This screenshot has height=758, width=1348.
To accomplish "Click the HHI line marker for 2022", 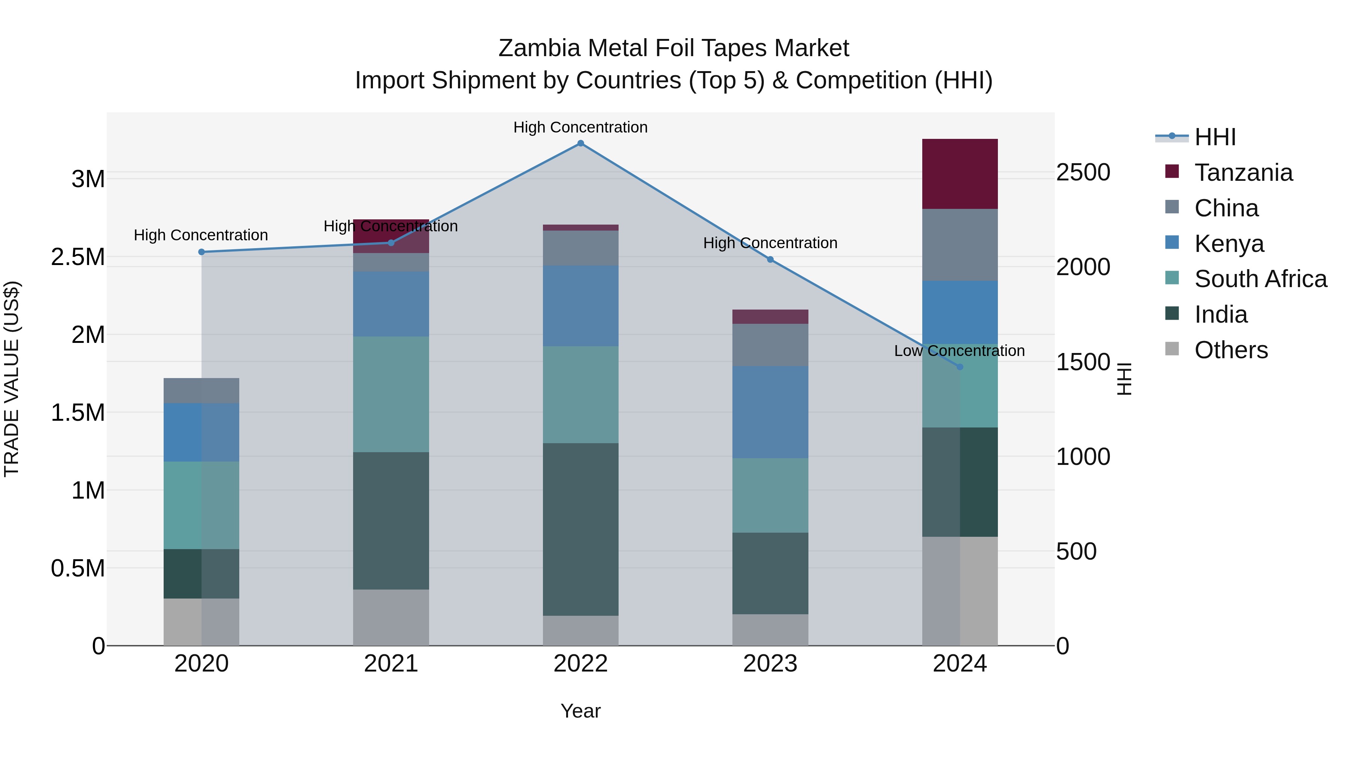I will click(x=580, y=143).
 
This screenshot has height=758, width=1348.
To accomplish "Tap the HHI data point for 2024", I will click(x=960, y=367).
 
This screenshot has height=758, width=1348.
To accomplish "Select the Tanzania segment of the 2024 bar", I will click(x=960, y=174).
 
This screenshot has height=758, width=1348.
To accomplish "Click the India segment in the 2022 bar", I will click(x=580, y=529).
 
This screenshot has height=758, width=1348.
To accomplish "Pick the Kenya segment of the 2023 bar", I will click(x=770, y=412).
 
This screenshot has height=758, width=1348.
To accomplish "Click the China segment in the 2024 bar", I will click(x=960, y=245).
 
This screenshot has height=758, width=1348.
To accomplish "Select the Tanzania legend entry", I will click(x=1243, y=173).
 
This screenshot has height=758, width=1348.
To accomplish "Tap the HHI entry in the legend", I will click(x=1215, y=137).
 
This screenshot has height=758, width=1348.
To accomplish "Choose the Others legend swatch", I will click(x=1172, y=349).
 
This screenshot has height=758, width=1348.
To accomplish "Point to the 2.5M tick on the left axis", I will click(x=78, y=257).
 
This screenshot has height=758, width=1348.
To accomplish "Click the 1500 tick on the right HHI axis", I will click(x=1083, y=362).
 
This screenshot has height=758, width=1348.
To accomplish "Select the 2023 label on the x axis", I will click(x=770, y=664).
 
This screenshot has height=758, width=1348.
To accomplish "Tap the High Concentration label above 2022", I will click(x=580, y=127).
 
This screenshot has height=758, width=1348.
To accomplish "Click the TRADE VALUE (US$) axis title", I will click(x=12, y=379).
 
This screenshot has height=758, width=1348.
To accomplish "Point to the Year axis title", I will click(x=580, y=711).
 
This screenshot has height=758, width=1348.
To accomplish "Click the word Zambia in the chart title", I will click(x=539, y=48).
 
